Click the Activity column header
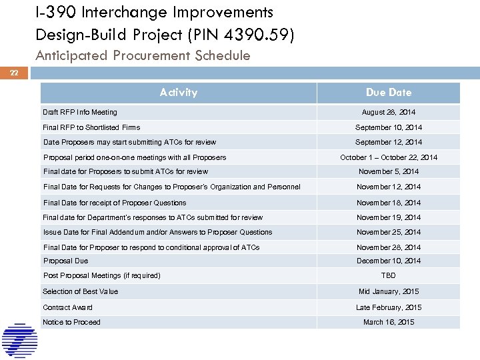click(x=179, y=93)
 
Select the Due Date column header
click(x=389, y=93)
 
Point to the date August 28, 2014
click(x=389, y=112)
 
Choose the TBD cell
click(x=389, y=275)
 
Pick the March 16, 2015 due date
click(x=389, y=322)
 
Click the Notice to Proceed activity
click(x=72, y=322)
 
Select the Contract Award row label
click(x=68, y=307)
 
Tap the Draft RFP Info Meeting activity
click(x=80, y=112)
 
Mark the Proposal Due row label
click(x=65, y=261)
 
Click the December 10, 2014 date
click(x=389, y=261)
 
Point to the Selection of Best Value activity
click(x=81, y=291)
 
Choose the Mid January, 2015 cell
click(x=389, y=291)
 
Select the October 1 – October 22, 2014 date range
click(x=389, y=157)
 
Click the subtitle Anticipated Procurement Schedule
click(x=143, y=56)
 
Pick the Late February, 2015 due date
click(x=389, y=307)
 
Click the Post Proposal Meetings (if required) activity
click(x=102, y=275)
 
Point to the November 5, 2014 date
click(x=389, y=171)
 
